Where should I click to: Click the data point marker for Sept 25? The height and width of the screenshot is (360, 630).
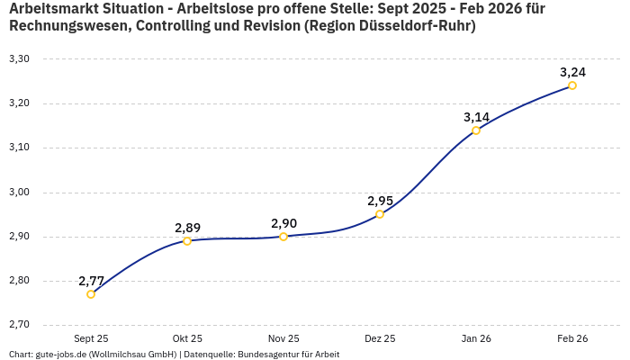(x=91, y=294)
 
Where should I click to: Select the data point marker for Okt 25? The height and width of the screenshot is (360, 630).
(x=187, y=241)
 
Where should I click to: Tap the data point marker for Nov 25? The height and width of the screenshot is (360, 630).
(x=283, y=237)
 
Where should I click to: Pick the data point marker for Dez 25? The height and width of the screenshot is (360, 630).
(x=380, y=214)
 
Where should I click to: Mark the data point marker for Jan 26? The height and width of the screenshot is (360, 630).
(x=476, y=130)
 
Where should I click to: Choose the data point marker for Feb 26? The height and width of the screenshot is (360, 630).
(x=572, y=85)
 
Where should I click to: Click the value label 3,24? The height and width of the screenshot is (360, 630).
(x=573, y=72)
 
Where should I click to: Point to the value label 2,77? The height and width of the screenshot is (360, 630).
(x=92, y=280)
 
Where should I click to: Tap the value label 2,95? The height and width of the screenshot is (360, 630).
(x=381, y=201)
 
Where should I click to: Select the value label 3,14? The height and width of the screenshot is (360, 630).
(x=477, y=117)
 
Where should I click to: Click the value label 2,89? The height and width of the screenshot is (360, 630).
(x=188, y=228)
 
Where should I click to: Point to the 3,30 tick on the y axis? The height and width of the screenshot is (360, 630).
(x=19, y=59)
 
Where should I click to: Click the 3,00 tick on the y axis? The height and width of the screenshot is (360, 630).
(x=19, y=193)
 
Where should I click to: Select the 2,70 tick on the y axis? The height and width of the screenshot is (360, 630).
(x=19, y=325)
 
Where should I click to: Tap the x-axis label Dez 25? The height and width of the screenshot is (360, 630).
(x=380, y=339)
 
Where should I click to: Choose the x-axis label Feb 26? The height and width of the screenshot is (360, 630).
(x=572, y=339)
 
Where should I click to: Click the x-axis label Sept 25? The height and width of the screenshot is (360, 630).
(x=91, y=339)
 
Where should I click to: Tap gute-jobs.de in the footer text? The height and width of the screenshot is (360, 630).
(x=61, y=355)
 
